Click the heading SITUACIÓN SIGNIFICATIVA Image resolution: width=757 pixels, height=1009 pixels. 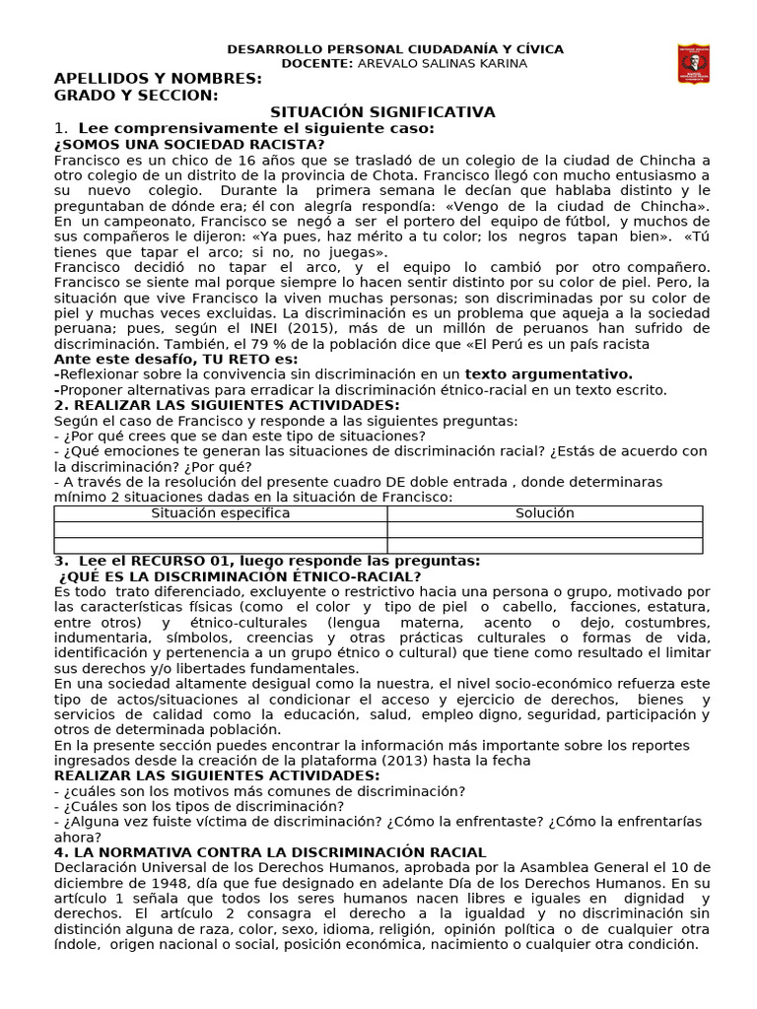(x=383, y=112)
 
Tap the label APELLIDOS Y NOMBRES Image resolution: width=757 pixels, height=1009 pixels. (x=157, y=79)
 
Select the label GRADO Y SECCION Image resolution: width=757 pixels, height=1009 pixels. (x=135, y=96)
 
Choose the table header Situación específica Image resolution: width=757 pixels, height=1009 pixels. (x=220, y=513)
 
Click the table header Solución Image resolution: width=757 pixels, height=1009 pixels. (x=544, y=513)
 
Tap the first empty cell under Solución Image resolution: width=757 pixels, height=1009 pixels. (x=544, y=529)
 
